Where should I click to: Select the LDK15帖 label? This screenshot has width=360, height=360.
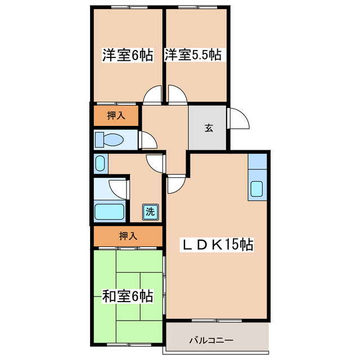coord(217,245)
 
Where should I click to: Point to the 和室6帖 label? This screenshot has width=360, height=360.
coord(127,296)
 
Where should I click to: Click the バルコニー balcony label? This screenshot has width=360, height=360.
coord(211,340)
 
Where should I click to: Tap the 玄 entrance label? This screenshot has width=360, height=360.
coord(208,128)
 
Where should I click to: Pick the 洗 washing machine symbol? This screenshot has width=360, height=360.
coord(150,211)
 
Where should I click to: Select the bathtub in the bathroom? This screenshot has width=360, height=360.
coord(110,212)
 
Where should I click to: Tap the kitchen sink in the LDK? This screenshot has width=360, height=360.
coord(257,190)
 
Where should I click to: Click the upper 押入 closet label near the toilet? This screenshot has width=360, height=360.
coord(115,116)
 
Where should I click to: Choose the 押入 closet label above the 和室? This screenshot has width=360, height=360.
coord(128,236)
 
